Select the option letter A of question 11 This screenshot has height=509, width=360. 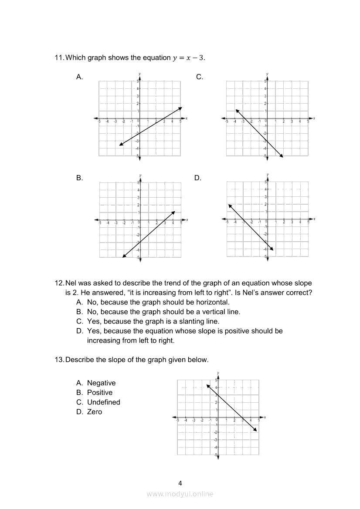79,77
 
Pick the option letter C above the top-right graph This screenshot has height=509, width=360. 200,77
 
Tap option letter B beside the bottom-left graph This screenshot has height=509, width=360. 79,178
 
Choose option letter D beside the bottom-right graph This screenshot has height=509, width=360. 197,178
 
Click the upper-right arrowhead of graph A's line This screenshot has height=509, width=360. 180,108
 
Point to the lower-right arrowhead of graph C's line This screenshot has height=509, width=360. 282,156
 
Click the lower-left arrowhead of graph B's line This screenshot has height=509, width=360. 124,256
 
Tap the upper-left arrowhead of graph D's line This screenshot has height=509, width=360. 229,205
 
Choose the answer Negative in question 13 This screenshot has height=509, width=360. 101,383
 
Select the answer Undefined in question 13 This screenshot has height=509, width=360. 103,402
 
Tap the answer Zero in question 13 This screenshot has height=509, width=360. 95,412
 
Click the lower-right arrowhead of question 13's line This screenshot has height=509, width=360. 256,430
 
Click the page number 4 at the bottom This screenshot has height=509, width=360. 180,483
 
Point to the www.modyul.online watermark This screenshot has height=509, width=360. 180,494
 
